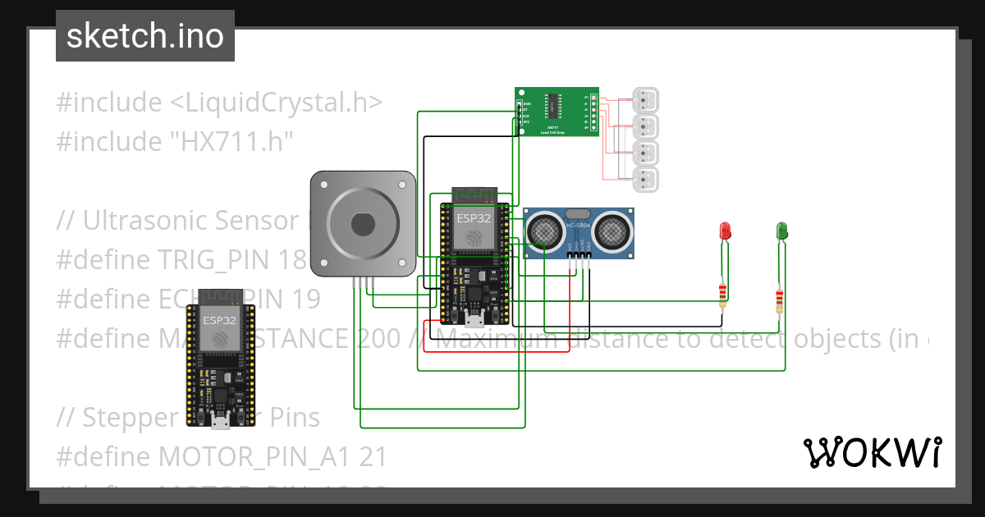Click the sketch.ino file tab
[x=145, y=36]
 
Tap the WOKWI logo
[x=872, y=452]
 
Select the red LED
[x=725, y=231]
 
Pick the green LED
[x=782, y=231]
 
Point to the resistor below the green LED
[x=778, y=300]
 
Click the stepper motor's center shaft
[x=362, y=223]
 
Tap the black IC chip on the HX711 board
[x=555, y=105]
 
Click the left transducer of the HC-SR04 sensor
[x=543, y=231]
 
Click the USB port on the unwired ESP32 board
[x=220, y=421]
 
